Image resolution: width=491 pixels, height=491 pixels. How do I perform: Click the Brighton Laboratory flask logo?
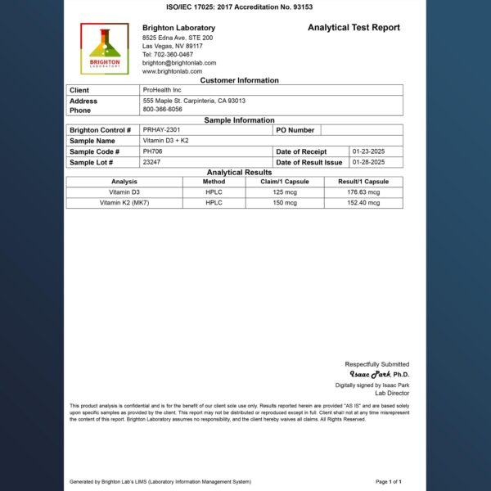104,50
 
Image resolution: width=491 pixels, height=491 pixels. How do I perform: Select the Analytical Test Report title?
354,28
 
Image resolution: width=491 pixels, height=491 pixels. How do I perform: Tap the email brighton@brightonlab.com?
179,63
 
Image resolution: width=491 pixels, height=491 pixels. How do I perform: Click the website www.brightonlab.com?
172,72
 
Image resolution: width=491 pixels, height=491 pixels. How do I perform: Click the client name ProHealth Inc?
162,90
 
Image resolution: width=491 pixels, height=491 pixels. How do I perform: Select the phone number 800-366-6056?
162,109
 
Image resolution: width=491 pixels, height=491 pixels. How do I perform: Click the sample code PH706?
153,151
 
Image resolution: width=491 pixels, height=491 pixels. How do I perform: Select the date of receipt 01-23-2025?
368,151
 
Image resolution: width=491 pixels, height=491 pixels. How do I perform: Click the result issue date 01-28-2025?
368,162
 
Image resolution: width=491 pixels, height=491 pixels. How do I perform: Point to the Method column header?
214,182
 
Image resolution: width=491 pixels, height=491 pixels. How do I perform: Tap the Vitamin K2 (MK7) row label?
124,202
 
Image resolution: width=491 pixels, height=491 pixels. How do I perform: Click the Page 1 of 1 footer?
389,482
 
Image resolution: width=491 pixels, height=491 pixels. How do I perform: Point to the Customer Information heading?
239,80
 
